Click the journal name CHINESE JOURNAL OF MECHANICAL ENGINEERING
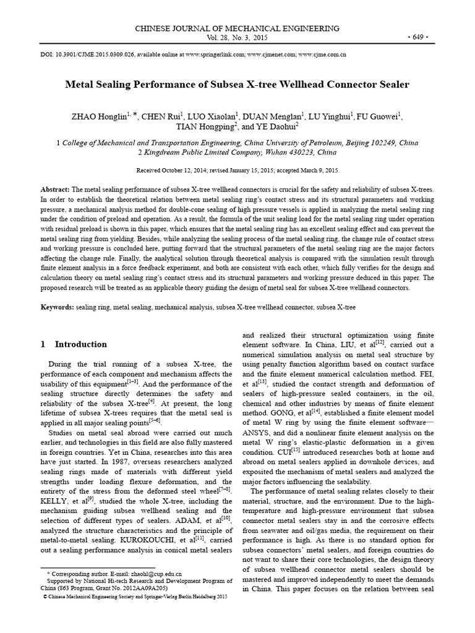click(237, 28)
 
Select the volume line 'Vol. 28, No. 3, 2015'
click(237, 38)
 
